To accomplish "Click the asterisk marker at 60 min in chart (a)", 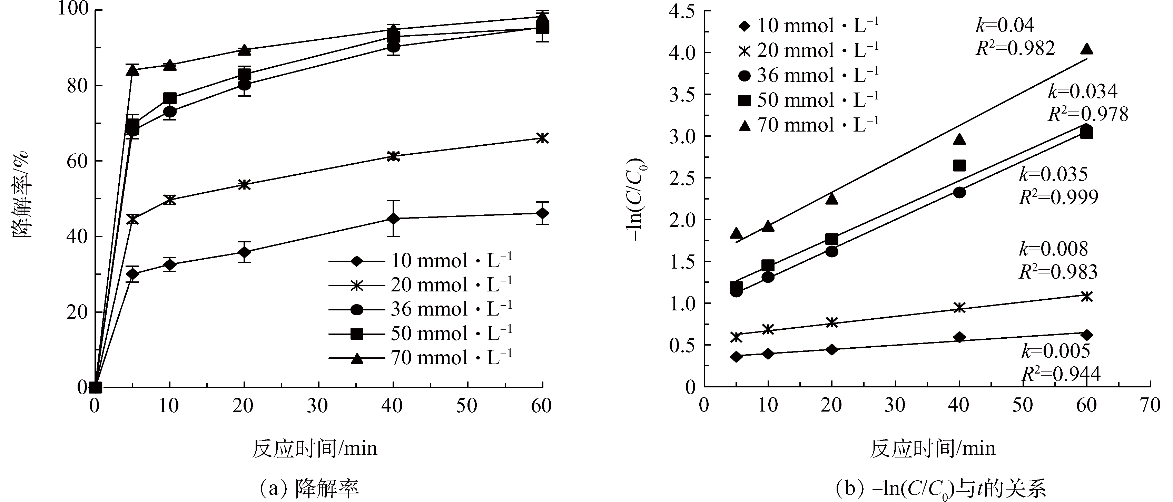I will (x=542, y=138).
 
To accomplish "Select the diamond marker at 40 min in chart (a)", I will (x=393, y=219).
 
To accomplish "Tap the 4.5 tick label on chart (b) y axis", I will (x=682, y=12).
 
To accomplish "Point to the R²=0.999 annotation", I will (x=1058, y=197).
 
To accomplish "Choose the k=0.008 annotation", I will (x=1053, y=249).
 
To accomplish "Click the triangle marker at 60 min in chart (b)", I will (x=1086, y=49).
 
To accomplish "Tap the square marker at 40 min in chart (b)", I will (x=959, y=165).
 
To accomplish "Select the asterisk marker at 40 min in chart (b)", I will (x=959, y=308).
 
